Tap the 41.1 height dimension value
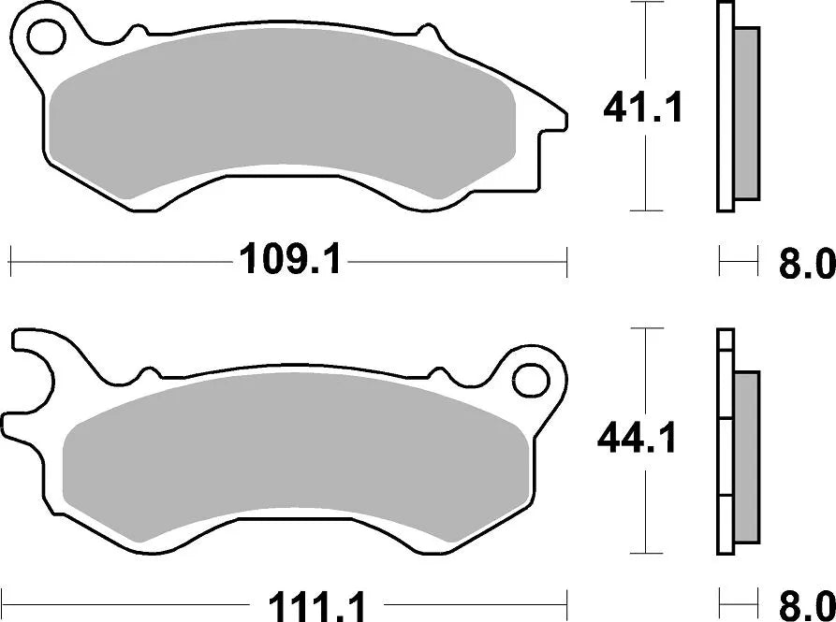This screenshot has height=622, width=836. [643, 109]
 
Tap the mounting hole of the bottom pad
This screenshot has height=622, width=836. [531, 380]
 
